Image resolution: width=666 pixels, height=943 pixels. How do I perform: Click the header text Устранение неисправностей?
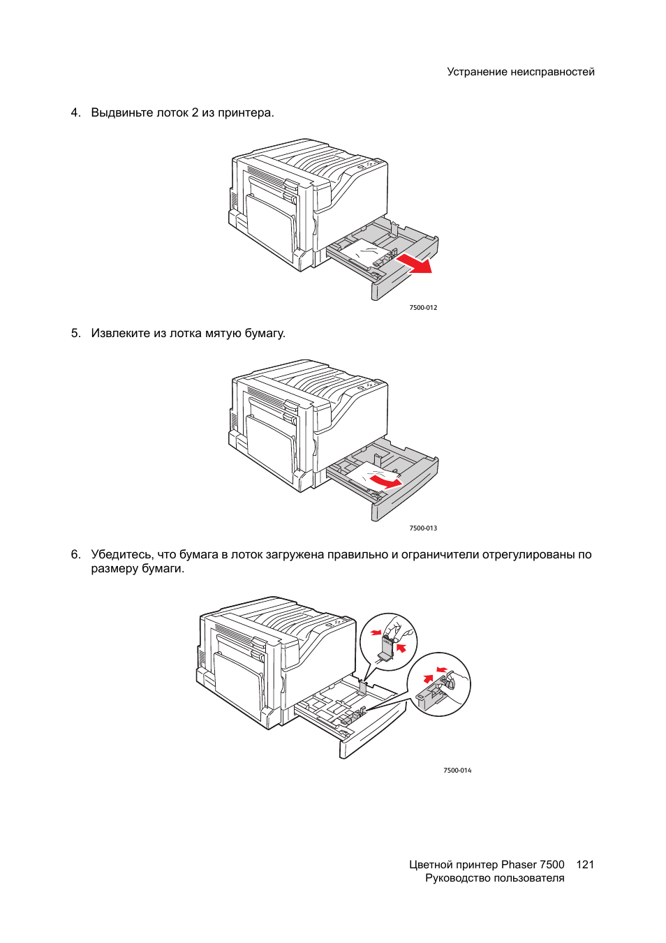(520, 72)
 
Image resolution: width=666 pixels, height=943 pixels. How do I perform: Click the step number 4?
(75, 113)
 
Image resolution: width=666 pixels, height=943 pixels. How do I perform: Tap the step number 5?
(75, 334)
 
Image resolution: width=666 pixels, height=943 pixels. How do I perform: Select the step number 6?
(75, 555)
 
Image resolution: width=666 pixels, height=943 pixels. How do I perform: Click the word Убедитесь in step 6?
(121, 555)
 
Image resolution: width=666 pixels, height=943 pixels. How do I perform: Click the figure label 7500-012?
(423, 308)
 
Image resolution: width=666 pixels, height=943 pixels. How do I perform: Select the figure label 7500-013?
(423, 528)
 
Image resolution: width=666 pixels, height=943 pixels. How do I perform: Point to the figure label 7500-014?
(457, 771)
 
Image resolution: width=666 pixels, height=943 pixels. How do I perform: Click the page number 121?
(585, 865)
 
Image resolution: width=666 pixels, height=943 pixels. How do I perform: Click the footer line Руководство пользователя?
(494, 878)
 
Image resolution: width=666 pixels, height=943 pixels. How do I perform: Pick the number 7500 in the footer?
(552, 865)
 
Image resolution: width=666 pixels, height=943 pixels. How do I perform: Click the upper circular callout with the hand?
(388, 641)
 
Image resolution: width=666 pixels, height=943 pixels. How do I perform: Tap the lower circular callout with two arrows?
(439, 684)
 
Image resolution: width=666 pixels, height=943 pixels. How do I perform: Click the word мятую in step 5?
(223, 334)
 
